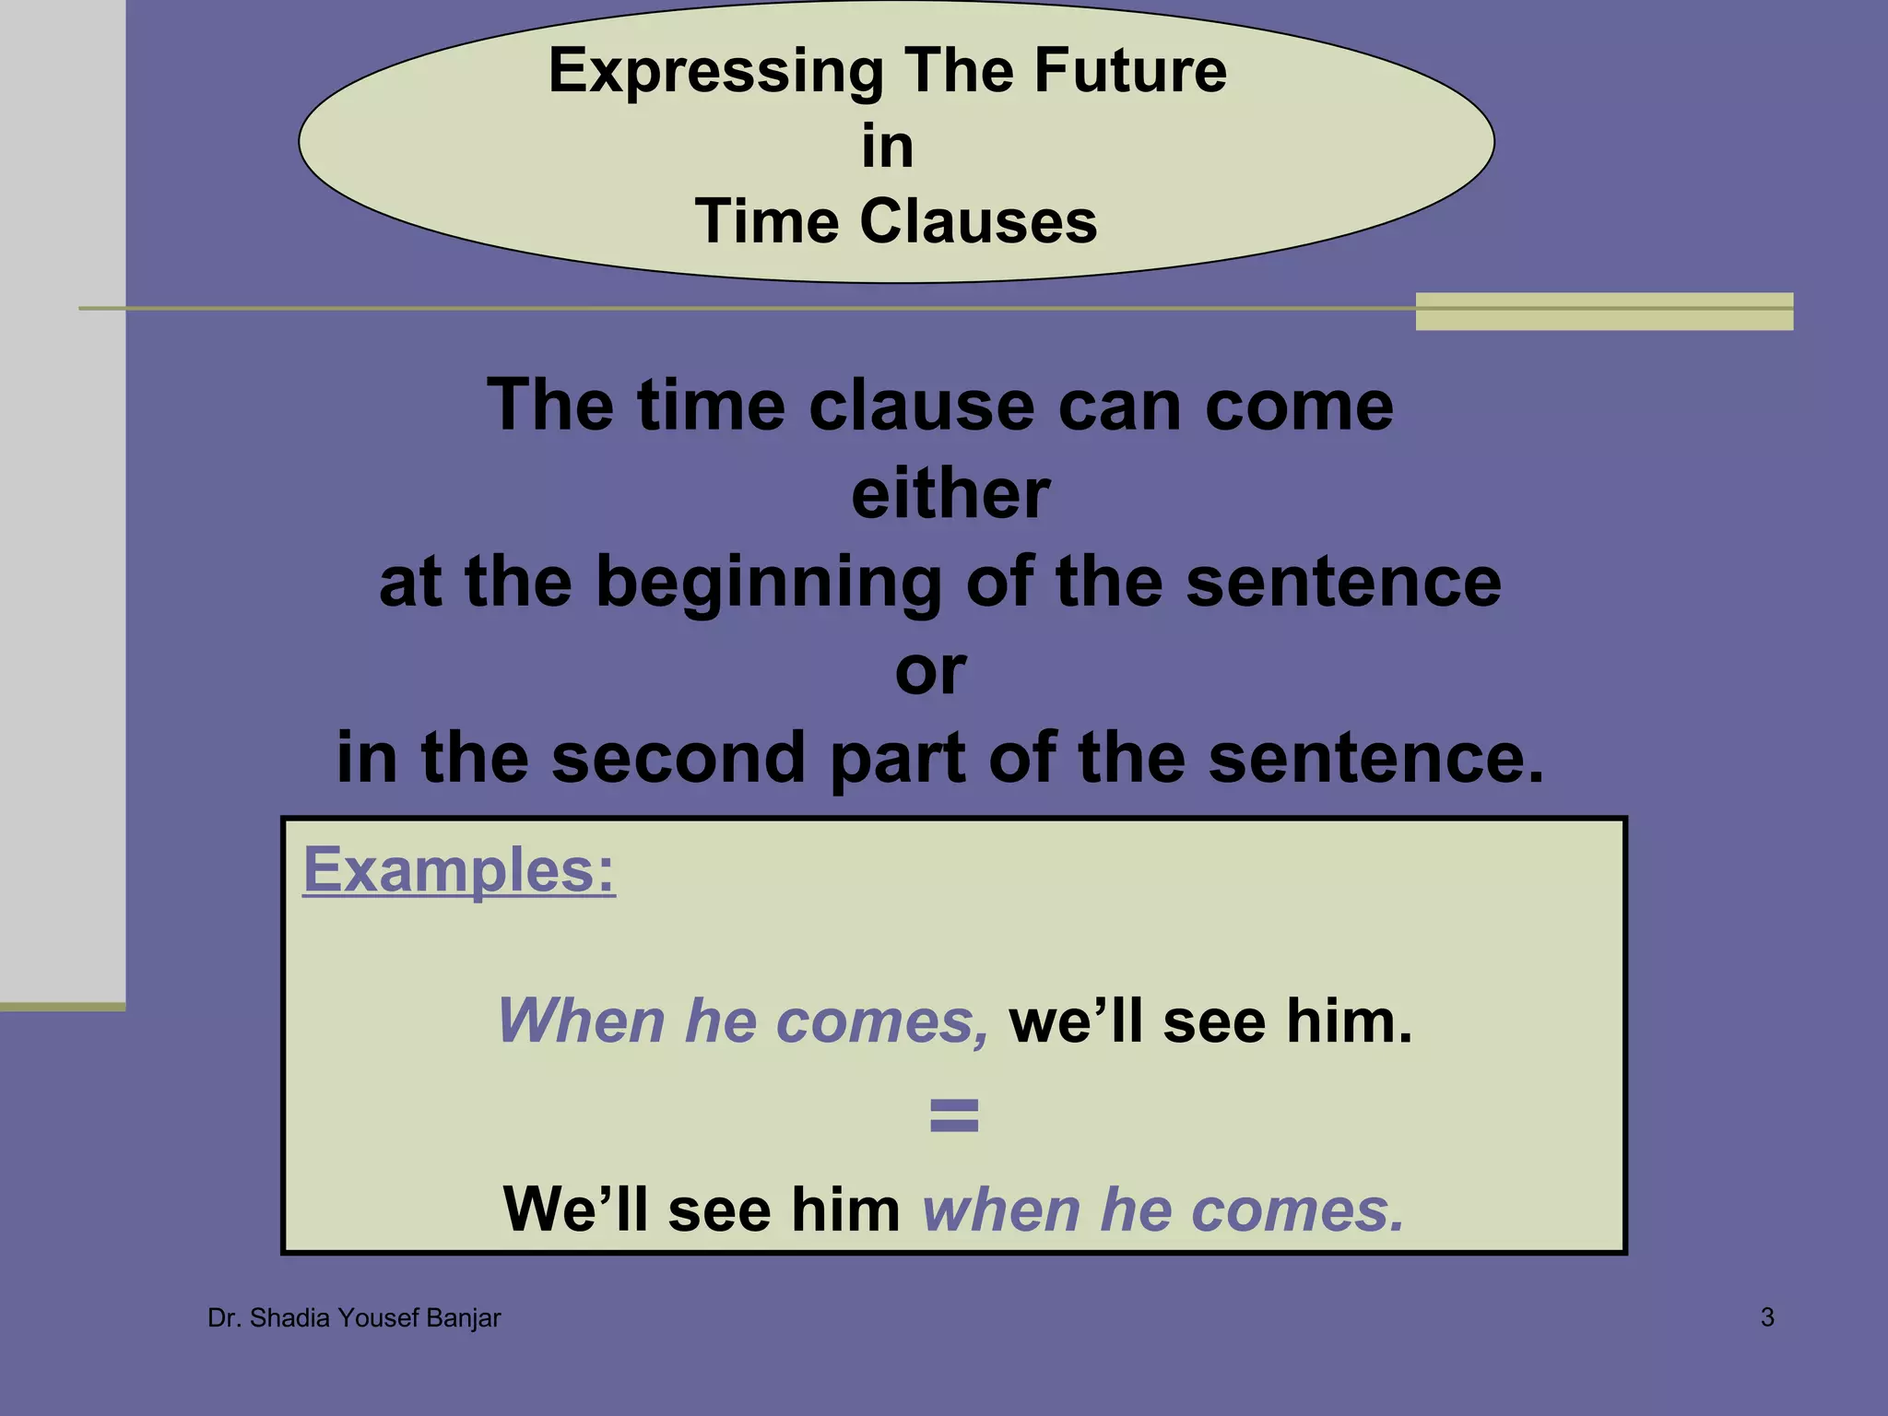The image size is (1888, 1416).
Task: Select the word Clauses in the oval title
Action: (978, 222)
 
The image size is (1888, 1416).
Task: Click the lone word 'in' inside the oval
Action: (887, 147)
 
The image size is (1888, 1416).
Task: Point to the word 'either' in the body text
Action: (950, 494)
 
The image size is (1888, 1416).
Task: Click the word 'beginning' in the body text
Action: (769, 584)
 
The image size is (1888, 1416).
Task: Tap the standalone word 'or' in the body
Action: (930, 671)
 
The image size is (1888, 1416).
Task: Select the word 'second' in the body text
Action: (678, 758)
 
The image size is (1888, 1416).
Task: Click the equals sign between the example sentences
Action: (953, 1115)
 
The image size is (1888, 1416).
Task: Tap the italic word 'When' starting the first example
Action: (581, 1021)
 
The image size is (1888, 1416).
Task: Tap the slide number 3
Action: (1767, 1317)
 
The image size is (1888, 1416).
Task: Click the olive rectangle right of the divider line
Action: (1604, 312)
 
